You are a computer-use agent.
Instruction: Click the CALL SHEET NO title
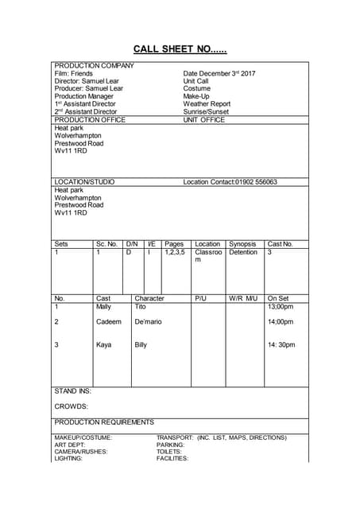click(179, 49)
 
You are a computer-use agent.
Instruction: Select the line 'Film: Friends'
click(73, 73)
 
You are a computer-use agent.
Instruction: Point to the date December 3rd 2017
click(219, 73)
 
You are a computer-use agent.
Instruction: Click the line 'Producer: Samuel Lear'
click(88, 88)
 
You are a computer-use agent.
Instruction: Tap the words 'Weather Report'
click(207, 104)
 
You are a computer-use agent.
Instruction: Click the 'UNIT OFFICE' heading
click(204, 120)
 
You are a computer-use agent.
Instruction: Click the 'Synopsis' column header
click(242, 244)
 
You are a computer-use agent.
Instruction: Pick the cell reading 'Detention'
click(243, 252)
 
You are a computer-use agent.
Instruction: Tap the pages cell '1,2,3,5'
click(175, 252)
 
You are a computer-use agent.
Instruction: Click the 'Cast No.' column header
click(280, 244)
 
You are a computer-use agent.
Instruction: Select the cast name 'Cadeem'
click(108, 322)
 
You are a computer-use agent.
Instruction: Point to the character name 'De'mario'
click(148, 322)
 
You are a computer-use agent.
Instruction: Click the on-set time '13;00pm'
click(281, 306)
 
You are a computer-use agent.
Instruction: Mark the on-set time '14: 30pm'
click(281, 345)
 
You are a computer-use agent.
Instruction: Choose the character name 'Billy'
click(141, 345)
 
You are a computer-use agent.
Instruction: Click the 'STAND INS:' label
click(72, 391)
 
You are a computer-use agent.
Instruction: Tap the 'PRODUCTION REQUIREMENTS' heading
click(104, 422)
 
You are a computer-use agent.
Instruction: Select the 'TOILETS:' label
click(169, 451)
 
